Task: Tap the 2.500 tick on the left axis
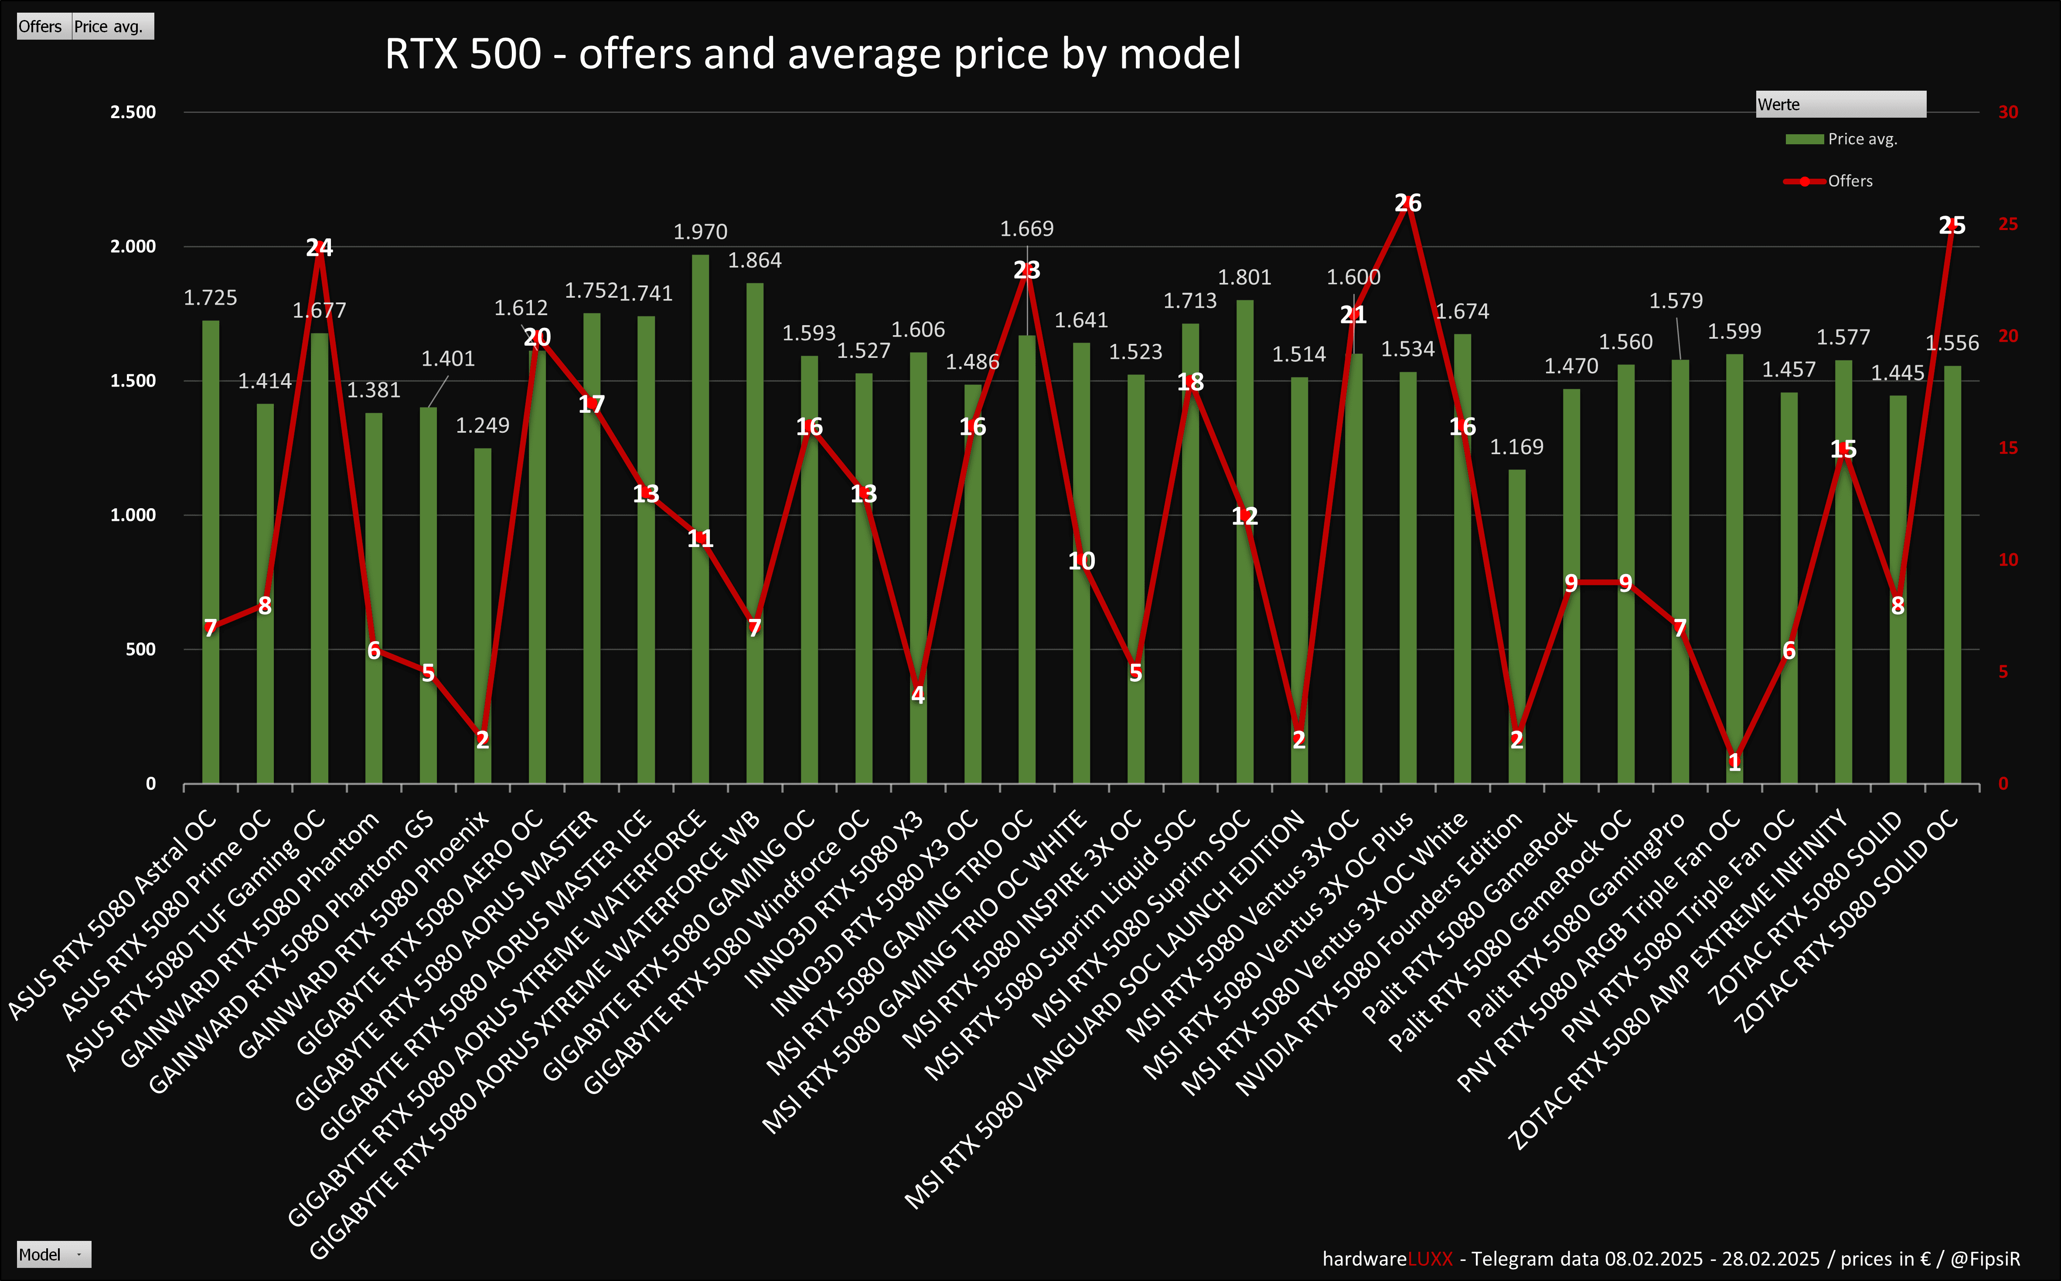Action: (x=133, y=112)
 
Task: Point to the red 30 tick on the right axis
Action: (x=2008, y=112)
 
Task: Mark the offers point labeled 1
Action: (x=1734, y=761)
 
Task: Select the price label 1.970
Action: (x=700, y=231)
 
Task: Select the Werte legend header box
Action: (x=1840, y=104)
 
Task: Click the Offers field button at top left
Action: (x=41, y=26)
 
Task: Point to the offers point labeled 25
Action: (x=1952, y=225)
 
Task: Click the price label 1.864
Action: (x=754, y=260)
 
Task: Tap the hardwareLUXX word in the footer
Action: (x=1387, y=1259)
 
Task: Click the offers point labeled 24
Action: (x=320, y=248)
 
